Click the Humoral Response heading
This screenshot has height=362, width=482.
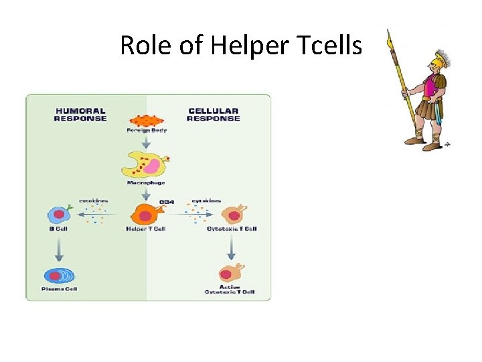[x=80, y=115]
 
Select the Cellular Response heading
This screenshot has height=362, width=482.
[x=213, y=115]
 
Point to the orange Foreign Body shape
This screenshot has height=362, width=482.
[x=146, y=121]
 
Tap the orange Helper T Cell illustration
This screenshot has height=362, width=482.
[x=147, y=215]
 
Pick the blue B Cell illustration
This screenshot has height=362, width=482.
[x=58, y=215]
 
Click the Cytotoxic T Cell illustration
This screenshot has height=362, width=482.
[x=232, y=215]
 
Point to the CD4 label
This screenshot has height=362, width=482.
[x=166, y=202]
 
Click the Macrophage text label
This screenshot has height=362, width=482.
[x=146, y=182]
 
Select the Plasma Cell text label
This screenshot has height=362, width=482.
[x=60, y=289]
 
